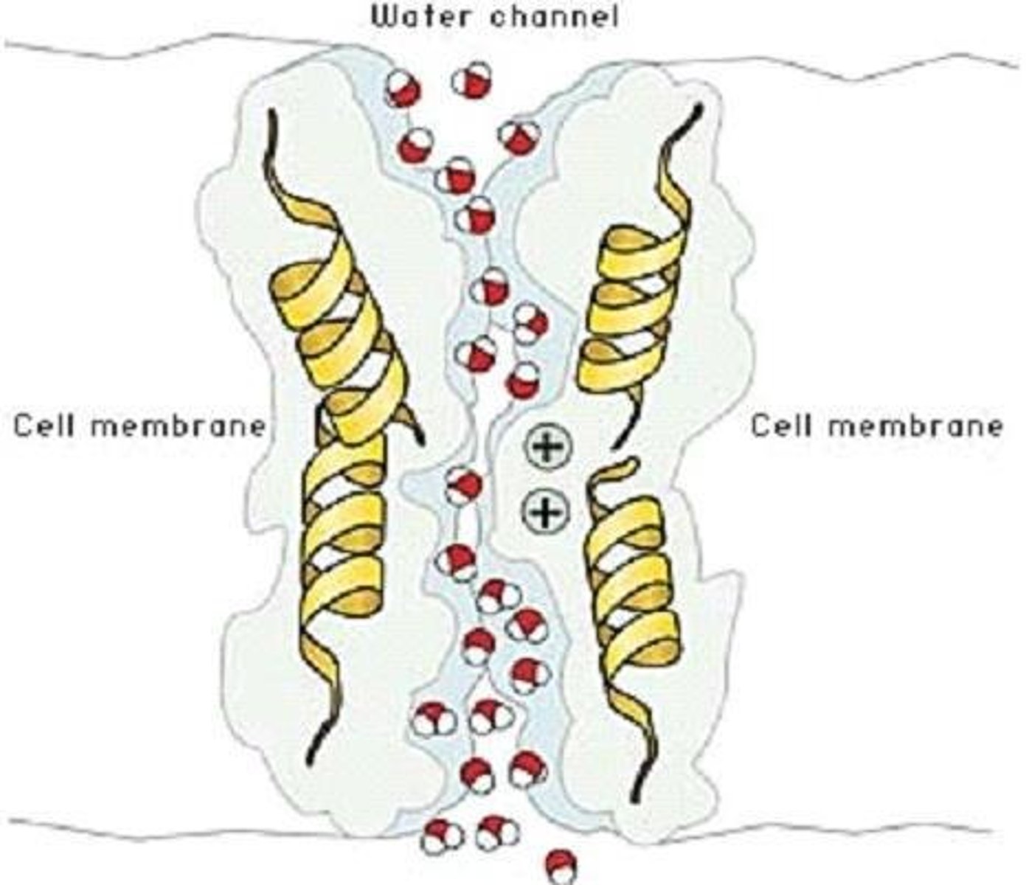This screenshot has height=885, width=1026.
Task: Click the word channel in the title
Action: point(553,16)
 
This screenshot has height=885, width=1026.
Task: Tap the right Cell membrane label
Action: point(877,426)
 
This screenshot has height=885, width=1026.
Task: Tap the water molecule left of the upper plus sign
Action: point(522,380)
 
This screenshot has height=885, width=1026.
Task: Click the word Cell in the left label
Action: point(44,426)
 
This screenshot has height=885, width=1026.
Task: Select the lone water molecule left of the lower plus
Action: point(464,487)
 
